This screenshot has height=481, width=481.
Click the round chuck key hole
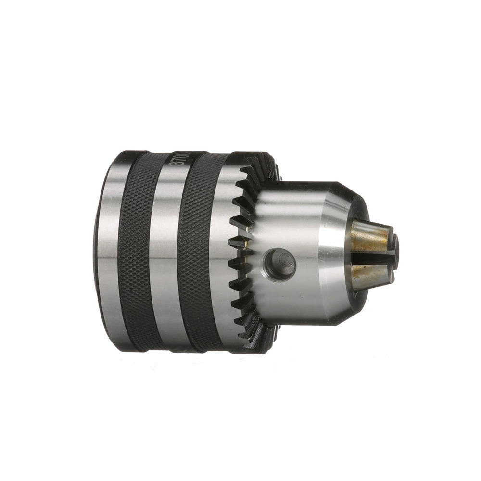280,264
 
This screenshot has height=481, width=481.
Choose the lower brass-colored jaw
370,277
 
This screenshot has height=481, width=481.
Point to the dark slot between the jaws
373,257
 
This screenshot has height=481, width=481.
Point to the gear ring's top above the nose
262,166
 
